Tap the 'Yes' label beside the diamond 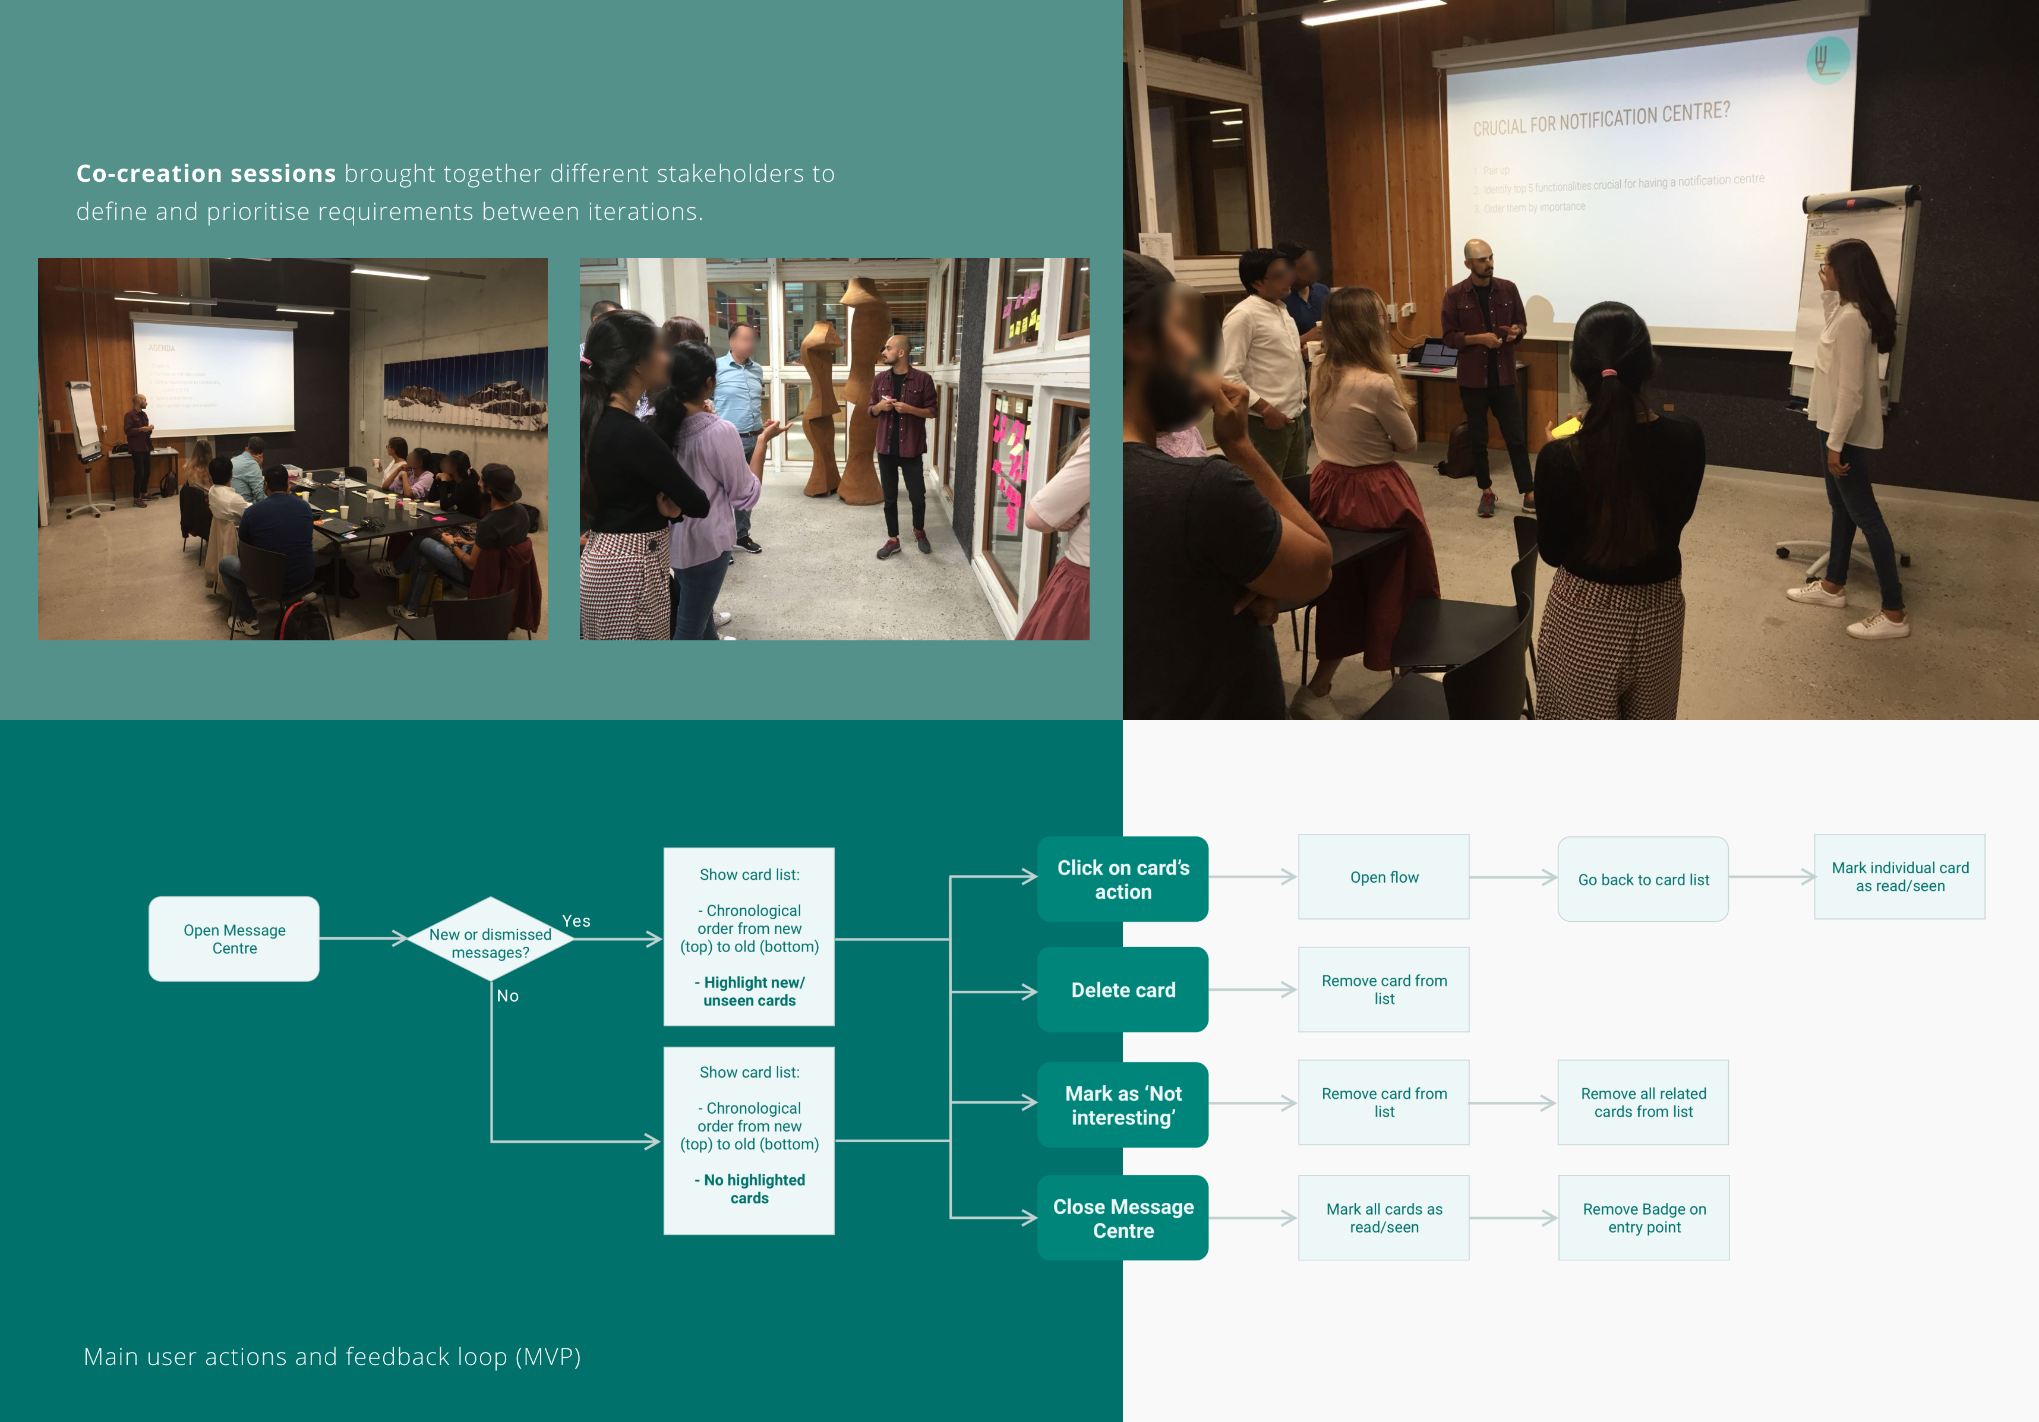point(576,921)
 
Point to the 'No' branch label point(507,995)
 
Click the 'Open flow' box point(1384,877)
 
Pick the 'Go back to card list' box point(1643,879)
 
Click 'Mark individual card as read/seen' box point(1899,876)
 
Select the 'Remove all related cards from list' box point(1643,1102)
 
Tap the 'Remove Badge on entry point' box point(1644,1218)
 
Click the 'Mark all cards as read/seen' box point(1384,1218)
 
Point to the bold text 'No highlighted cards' point(750,1189)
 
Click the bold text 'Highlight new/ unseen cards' point(750,991)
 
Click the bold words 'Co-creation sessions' point(206,173)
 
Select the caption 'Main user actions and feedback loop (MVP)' point(332,1356)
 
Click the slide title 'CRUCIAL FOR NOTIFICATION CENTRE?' point(1601,119)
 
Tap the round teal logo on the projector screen point(1827,59)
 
